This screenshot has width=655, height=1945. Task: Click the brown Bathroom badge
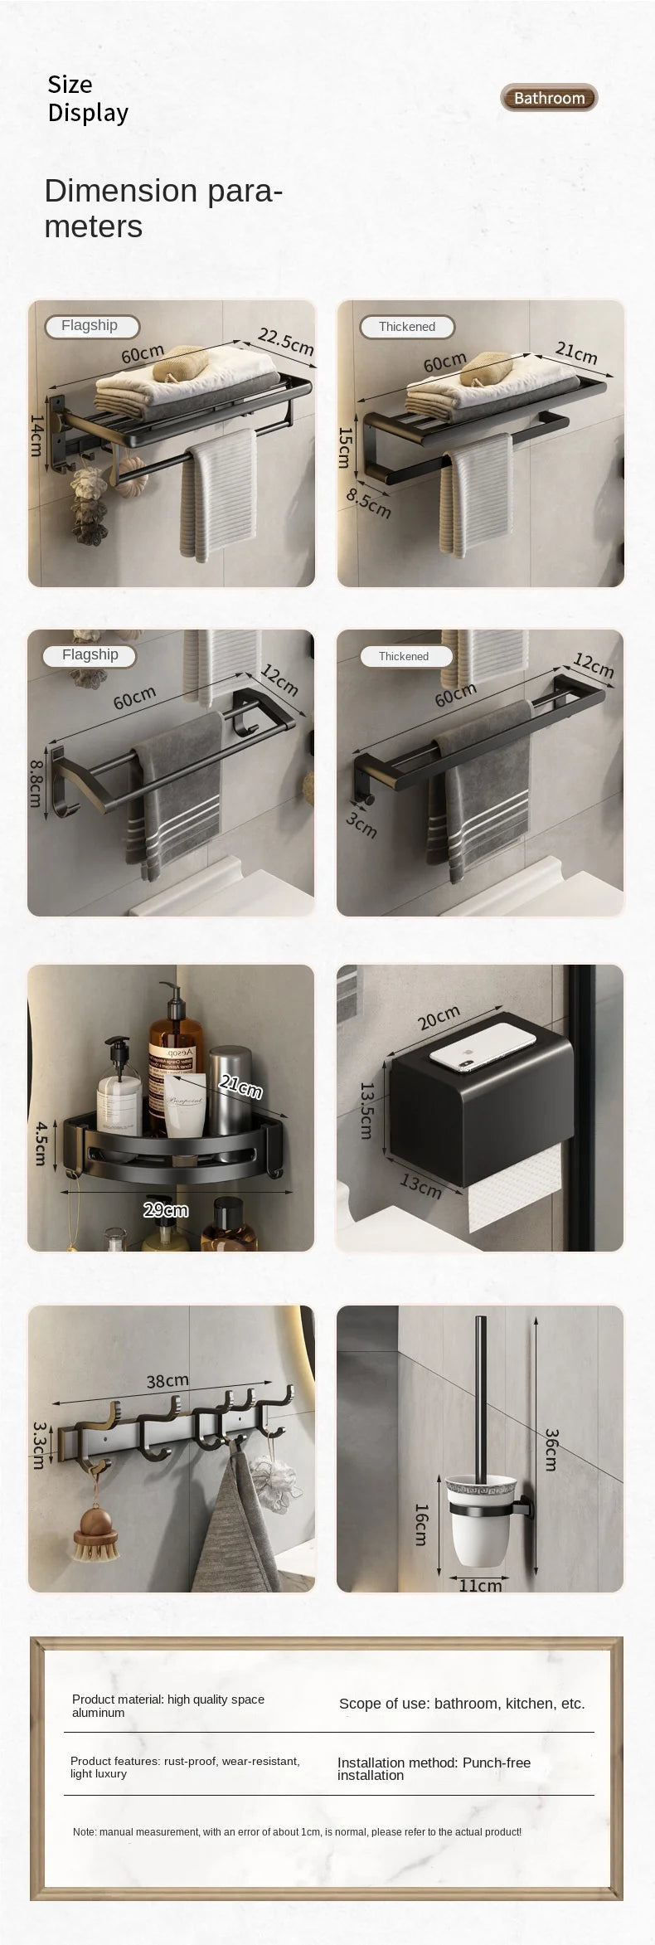[549, 98]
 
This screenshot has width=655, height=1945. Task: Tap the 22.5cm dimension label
[285, 341]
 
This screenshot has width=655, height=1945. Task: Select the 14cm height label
[36, 435]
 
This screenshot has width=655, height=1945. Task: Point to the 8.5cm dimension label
[368, 503]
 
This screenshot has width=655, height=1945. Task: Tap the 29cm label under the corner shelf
[166, 1210]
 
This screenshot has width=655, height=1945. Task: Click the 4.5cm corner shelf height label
[40, 1143]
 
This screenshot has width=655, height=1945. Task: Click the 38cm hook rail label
[167, 1381]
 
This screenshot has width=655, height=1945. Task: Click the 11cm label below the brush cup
[481, 1585]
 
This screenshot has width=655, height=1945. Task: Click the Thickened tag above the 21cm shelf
[407, 327]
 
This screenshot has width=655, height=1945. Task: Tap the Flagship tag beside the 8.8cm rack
[90, 654]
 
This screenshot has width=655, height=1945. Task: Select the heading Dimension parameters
[163, 207]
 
